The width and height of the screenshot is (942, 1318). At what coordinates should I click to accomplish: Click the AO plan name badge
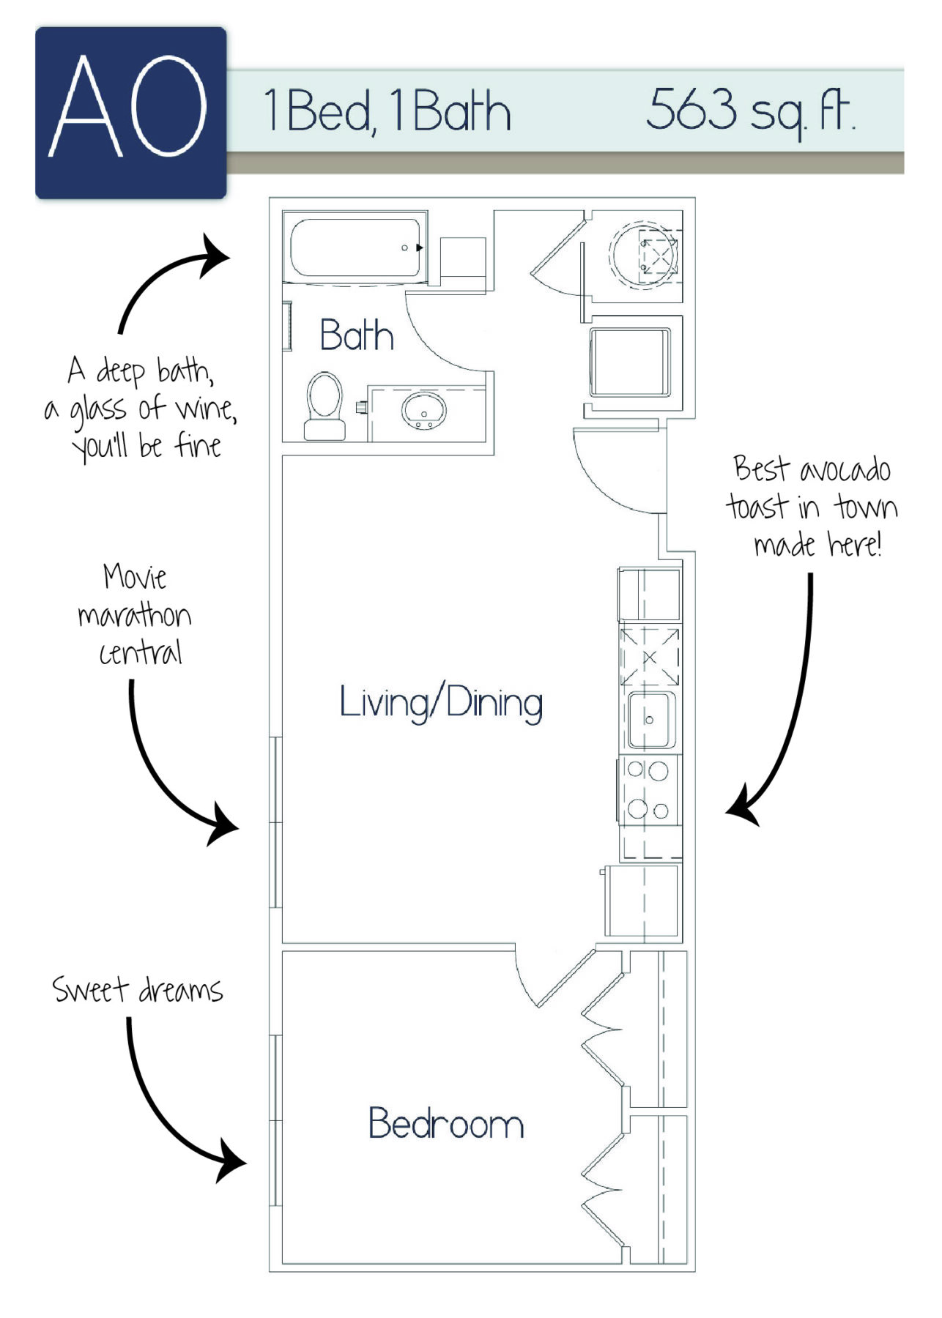pyautogui.click(x=130, y=112)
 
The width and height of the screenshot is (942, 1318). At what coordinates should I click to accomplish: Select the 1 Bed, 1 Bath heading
pyautogui.click(x=387, y=112)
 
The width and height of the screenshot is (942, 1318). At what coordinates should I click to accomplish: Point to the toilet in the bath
pyautogui.click(x=324, y=405)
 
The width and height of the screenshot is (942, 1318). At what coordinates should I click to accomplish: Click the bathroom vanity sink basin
pyautogui.click(x=423, y=411)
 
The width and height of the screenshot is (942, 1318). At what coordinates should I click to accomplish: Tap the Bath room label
pyautogui.click(x=357, y=335)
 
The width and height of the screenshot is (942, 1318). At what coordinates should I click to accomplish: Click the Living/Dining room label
pyautogui.click(x=441, y=703)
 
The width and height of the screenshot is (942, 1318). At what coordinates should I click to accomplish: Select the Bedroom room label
pyautogui.click(x=445, y=1123)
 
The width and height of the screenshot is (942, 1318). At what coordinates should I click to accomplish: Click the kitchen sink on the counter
pyautogui.click(x=649, y=720)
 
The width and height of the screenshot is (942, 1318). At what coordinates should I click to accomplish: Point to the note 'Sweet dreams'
pyautogui.click(x=137, y=990)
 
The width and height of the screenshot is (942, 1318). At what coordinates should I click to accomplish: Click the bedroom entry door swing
pyautogui.click(x=549, y=978)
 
